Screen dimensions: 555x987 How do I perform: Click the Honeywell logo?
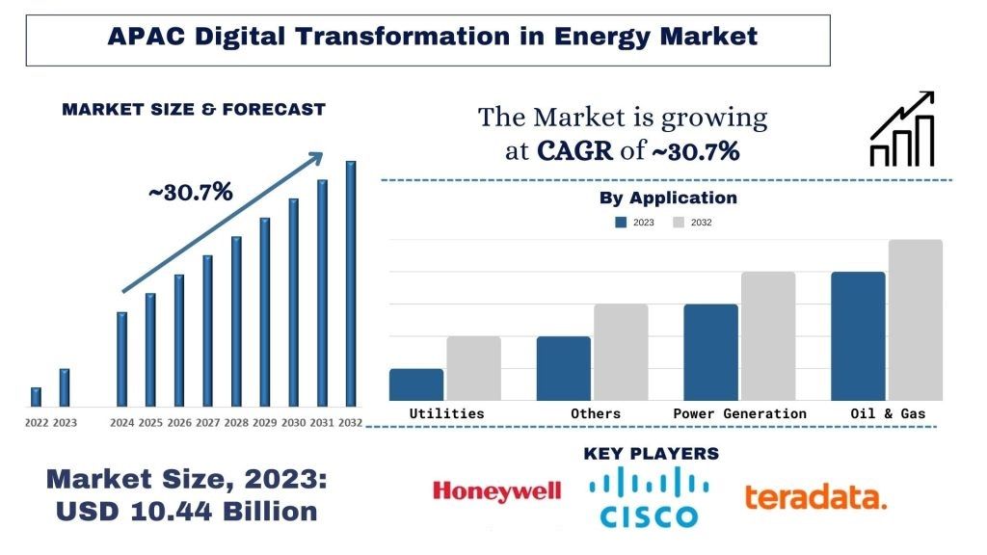[x=496, y=492]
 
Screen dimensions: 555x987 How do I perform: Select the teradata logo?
[x=814, y=497]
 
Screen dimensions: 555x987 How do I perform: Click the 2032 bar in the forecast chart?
[x=351, y=283]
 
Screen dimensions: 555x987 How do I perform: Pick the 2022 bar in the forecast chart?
[x=36, y=396]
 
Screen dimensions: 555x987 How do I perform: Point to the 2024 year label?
[x=122, y=423]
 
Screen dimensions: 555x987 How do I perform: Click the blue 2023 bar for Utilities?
[x=416, y=383]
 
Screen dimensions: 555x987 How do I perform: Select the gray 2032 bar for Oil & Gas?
[x=915, y=319]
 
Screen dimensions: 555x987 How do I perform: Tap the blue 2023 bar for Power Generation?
[x=710, y=352]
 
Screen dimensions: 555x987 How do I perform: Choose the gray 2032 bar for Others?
[x=621, y=352]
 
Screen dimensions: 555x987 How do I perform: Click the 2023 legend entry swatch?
[x=621, y=223]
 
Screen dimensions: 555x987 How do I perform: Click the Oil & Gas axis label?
[x=888, y=413]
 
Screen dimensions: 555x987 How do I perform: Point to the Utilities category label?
[x=446, y=413]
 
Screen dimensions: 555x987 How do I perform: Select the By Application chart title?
[x=668, y=198]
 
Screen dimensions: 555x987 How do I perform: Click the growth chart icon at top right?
[x=902, y=129]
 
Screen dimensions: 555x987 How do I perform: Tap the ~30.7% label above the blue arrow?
[x=190, y=192]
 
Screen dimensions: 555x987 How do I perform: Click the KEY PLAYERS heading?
[x=651, y=453]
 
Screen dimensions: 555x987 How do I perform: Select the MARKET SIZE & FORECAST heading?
[x=194, y=110]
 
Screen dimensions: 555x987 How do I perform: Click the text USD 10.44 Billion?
[x=186, y=512]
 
